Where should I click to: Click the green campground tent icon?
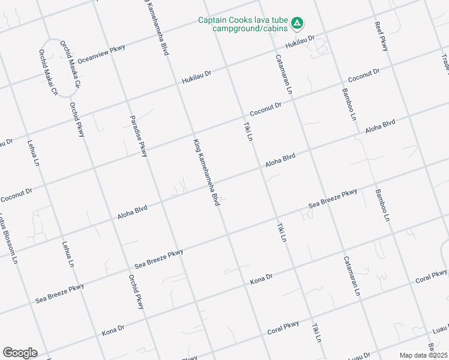coord(297,24)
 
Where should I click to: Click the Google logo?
coord(20,353)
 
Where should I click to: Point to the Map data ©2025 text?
coord(423,355)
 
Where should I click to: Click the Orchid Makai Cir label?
coord(47,73)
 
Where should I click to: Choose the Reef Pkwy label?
coord(381,36)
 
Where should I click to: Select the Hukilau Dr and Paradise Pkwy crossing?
coord(123,95)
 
